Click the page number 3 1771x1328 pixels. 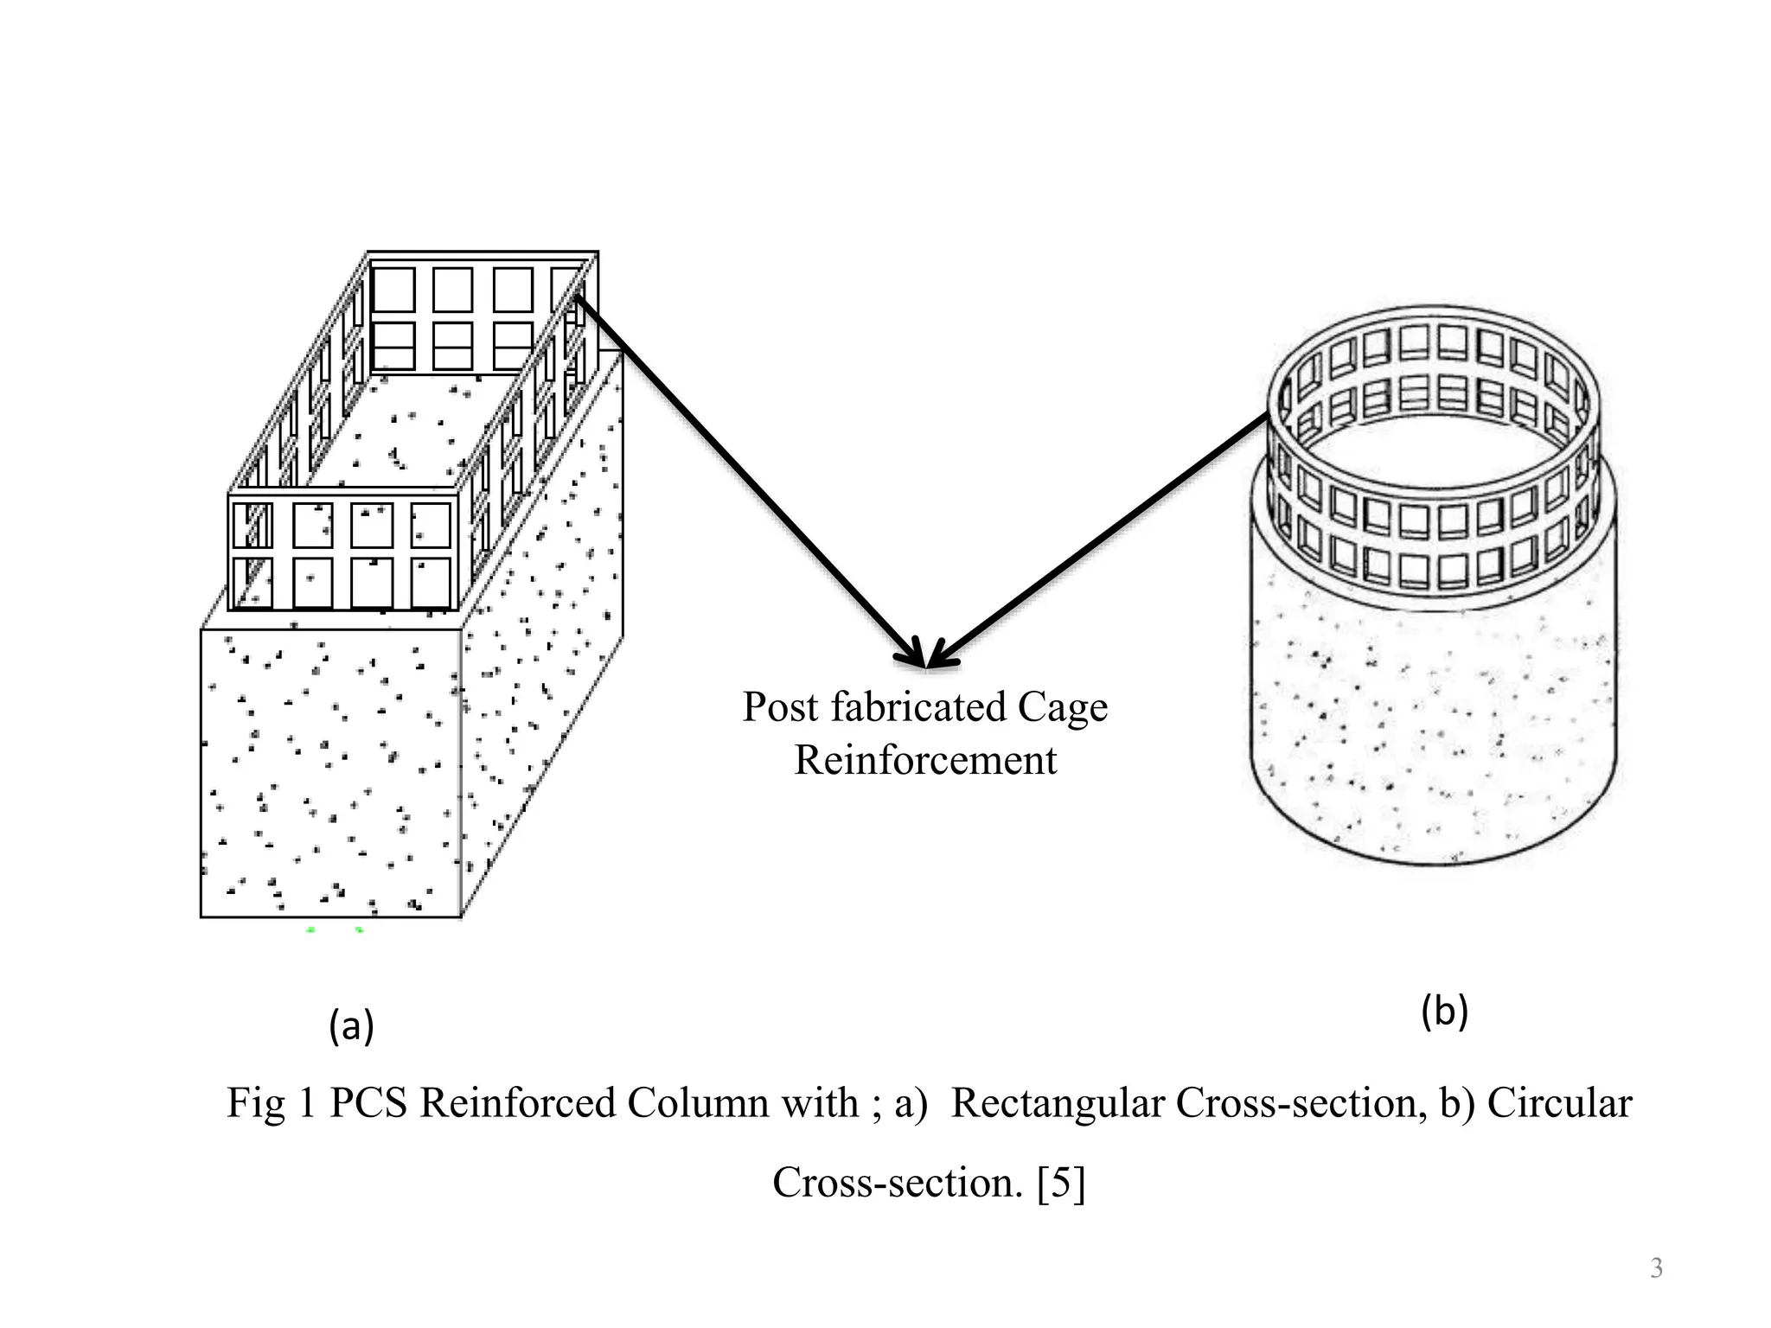[1656, 1268]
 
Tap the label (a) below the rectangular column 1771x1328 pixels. [351, 1026]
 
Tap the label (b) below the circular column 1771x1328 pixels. [1444, 1012]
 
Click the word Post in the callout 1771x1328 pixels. [780, 707]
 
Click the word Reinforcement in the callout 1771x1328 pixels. [925, 761]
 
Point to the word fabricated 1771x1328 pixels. [918, 707]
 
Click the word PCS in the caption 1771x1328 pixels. [368, 1103]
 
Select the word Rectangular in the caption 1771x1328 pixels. [1057, 1103]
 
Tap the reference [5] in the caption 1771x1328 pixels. [1061, 1183]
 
